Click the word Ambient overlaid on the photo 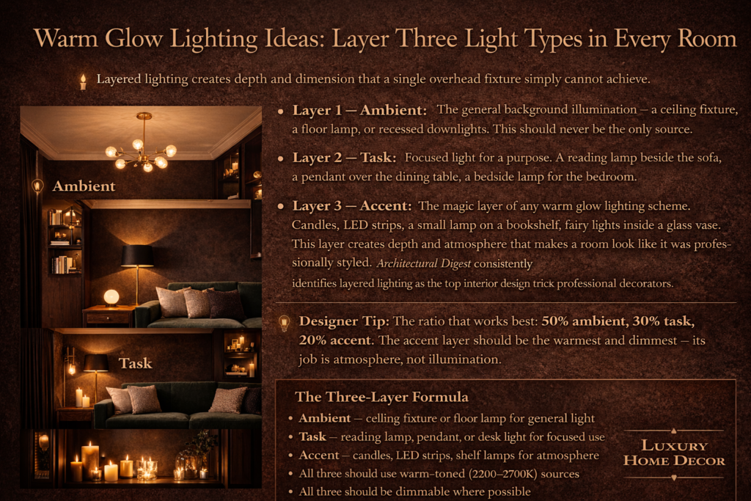pos(84,185)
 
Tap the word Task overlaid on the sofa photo pos(136,363)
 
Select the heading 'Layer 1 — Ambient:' pos(359,111)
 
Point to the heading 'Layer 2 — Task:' pos(345,158)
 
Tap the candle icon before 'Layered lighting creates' pos(83,81)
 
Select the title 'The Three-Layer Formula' pos(381,398)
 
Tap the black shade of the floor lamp pos(137,255)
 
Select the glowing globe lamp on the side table pos(111,296)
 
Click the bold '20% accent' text pos(337,340)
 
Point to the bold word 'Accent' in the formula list pos(319,456)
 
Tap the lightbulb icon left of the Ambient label pos(37,186)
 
